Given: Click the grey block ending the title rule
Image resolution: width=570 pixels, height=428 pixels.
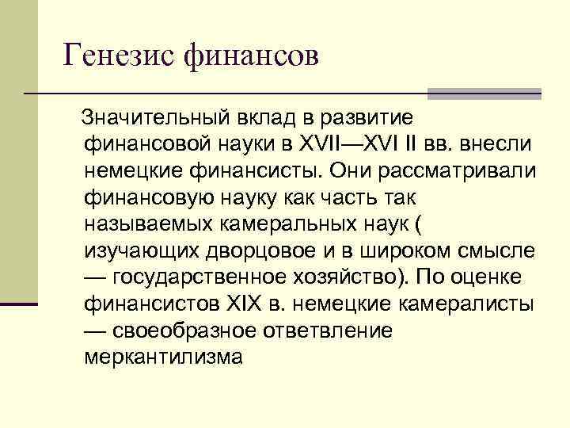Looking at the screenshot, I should (484, 94).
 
